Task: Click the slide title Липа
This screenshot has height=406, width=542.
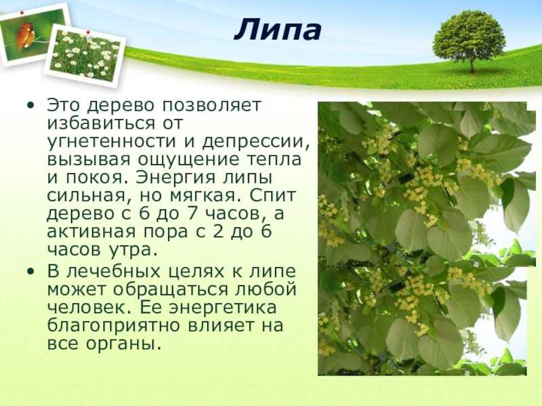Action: [x=278, y=30]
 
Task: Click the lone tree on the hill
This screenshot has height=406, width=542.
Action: [x=469, y=41]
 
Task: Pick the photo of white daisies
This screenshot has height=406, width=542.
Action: [x=85, y=55]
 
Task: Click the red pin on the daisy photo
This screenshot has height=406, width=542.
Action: [x=88, y=32]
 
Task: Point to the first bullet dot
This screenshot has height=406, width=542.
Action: [x=30, y=105]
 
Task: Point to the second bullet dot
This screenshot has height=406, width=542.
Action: [x=30, y=271]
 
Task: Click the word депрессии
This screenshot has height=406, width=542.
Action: [x=255, y=142]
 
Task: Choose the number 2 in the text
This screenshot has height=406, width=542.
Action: [x=217, y=231]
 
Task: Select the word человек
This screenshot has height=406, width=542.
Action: [x=89, y=308]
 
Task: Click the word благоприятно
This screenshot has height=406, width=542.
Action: [x=113, y=326]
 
